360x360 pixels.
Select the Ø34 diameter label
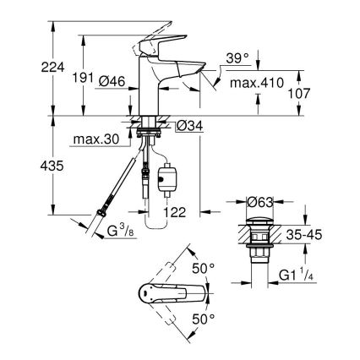[x=189, y=126]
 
